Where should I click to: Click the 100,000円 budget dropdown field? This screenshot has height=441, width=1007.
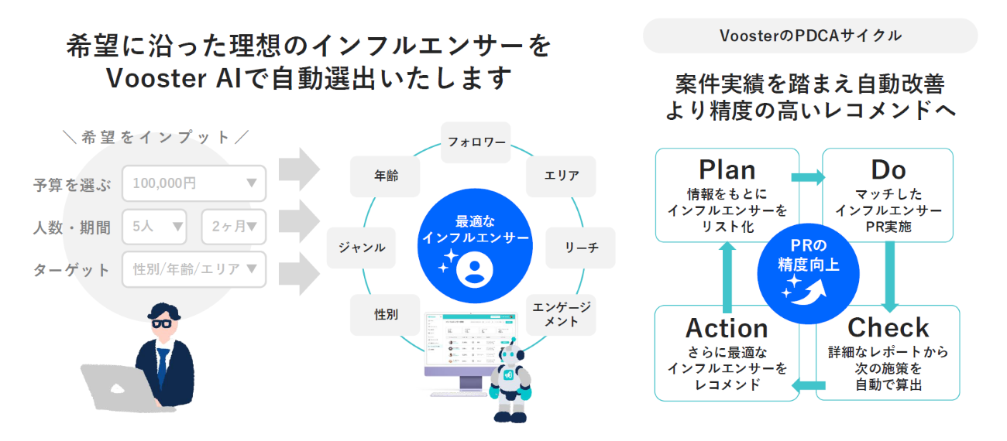pos(194,183)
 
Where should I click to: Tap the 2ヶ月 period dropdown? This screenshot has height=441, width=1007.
pos(233,227)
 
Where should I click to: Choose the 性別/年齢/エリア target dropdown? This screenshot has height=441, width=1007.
pos(194,269)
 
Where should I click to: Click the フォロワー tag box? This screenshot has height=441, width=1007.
pos(476,142)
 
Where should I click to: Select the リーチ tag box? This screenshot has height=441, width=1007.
pos(580,248)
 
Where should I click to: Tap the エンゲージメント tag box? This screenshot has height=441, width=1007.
pos(562,314)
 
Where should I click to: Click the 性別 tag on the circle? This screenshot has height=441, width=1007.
pos(386,314)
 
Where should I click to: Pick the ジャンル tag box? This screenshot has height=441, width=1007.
pos(362,248)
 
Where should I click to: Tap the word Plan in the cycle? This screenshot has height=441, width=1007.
pos(727,169)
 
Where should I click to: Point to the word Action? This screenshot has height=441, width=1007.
pos(727,328)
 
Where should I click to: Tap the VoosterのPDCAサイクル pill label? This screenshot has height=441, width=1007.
pos(809,36)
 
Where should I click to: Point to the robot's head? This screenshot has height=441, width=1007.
pos(509,361)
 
